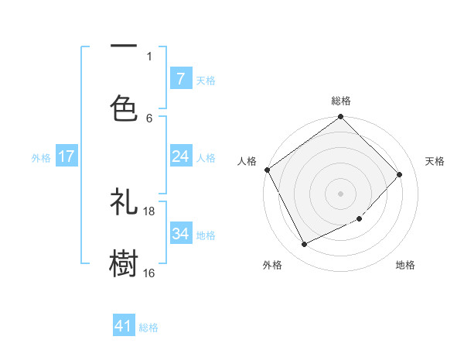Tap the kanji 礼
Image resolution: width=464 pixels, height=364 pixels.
click(x=124, y=203)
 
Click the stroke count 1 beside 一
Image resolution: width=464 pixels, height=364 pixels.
click(x=149, y=56)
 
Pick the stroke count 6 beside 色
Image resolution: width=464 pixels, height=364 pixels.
click(x=149, y=118)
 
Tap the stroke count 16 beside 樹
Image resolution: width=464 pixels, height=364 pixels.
click(x=149, y=273)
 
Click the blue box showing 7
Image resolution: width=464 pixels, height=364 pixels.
click(x=180, y=78)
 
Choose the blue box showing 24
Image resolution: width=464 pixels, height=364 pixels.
click(x=180, y=156)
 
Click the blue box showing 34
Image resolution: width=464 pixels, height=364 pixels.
click(x=180, y=233)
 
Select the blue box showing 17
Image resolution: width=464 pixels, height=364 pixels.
click(x=67, y=156)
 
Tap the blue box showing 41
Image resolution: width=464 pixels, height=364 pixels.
click(x=124, y=326)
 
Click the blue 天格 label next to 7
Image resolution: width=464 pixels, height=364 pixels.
click(x=206, y=80)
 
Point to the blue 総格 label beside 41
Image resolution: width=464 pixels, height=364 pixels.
click(x=148, y=328)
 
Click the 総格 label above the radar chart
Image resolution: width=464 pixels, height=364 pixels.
click(x=341, y=101)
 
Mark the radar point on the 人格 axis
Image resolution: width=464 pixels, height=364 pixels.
click(x=267, y=170)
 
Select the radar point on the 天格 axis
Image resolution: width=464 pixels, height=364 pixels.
click(x=400, y=174)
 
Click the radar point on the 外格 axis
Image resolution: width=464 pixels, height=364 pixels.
click(x=304, y=245)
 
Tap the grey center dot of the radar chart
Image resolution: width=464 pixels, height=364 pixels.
click(x=341, y=193)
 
